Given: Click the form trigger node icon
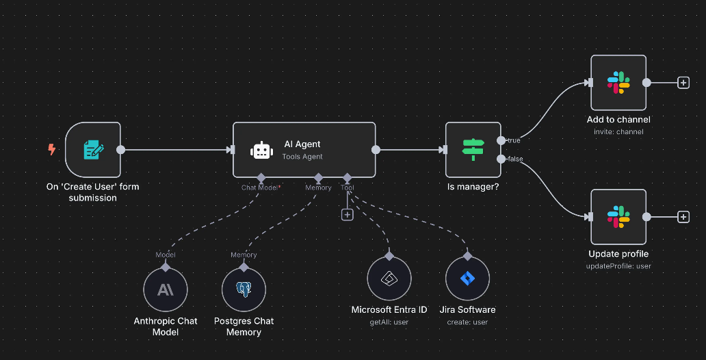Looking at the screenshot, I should (x=93, y=150).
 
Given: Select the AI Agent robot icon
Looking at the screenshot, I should (x=262, y=151).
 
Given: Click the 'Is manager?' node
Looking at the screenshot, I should (x=473, y=150).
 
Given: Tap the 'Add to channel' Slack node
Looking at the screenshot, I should (x=618, y=83).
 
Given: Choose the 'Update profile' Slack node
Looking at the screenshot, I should (x=618, y=217).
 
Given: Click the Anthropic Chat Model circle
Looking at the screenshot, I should (x=166, y=290).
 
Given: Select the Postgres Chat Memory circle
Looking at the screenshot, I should (x=244, y=290).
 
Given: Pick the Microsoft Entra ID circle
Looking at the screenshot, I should (x=389, y=279).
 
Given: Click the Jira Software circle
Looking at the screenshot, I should (x=467, y=279).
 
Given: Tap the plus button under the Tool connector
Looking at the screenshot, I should (x=348, y=214).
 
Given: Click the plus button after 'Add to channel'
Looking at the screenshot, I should (x=683, y=83).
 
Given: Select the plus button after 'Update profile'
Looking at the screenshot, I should (x=683, y=217).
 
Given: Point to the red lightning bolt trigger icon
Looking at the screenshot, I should (x=52, y=149).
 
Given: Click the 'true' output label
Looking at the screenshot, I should (x=513, y=140).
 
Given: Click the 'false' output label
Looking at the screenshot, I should (x=514, y=159).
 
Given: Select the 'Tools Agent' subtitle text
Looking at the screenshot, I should (x=302, y=157).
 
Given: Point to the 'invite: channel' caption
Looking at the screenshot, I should (x=618, y=131).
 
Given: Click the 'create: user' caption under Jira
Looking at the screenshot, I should (x=467, y=322).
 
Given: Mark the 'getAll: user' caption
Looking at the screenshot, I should (x=389, y=322).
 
